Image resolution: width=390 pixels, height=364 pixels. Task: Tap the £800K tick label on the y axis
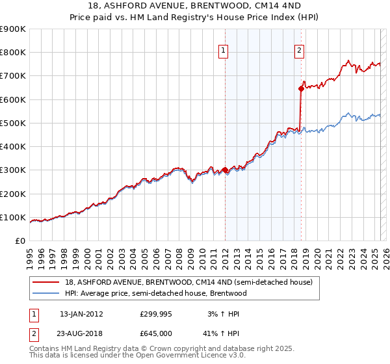[x=13, y=53]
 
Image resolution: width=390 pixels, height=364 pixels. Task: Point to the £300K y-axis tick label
[x=13, y=170]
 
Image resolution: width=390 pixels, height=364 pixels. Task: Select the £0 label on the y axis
[x=19, y=241]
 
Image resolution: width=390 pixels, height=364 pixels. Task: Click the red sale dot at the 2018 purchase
[x=301, y=89]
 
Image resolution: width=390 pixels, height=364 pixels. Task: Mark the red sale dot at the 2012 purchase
[x=225, y=170]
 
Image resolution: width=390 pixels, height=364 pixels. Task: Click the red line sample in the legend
[x=46, y=282]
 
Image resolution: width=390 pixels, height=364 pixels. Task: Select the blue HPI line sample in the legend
[x=46, y=293]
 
